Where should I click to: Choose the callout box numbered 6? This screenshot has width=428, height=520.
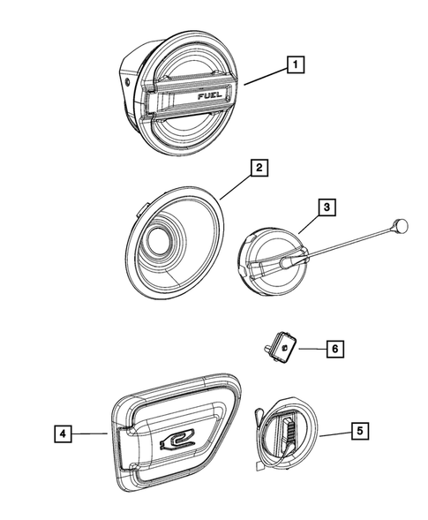[334, 349]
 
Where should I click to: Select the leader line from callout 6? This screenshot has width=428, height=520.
[308, 349]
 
